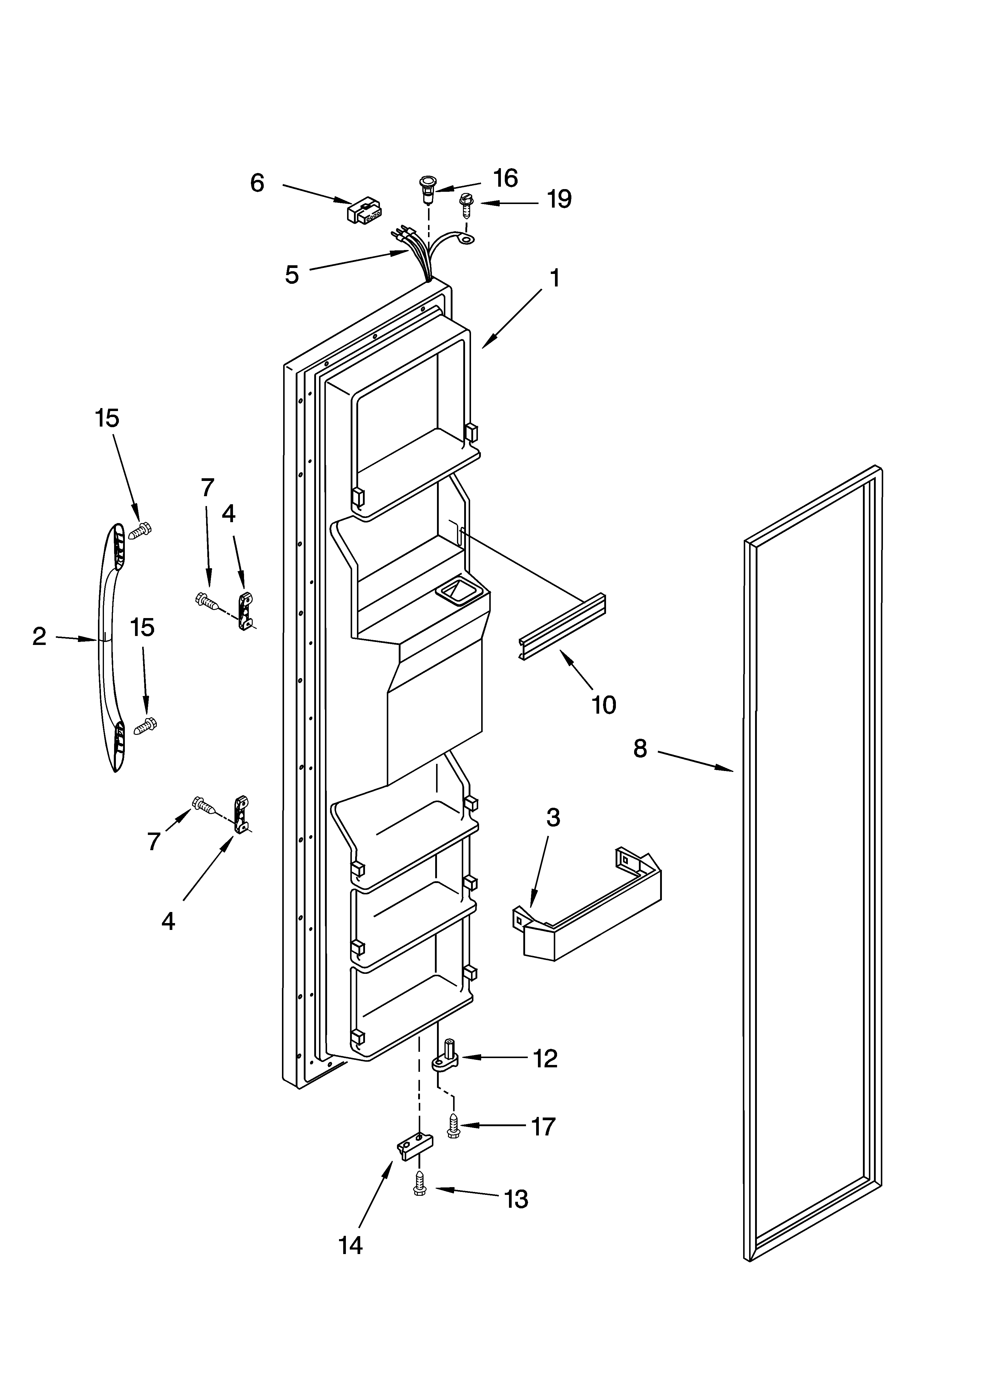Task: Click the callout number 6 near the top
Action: pyautogui.click(x=257, y=183)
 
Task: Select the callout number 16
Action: pyautogui.click(x=505, y=178)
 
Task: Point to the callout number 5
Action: pyautogui.click(x=292, y=275)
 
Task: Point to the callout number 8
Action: pyautogui.click(x=639, y=748)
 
